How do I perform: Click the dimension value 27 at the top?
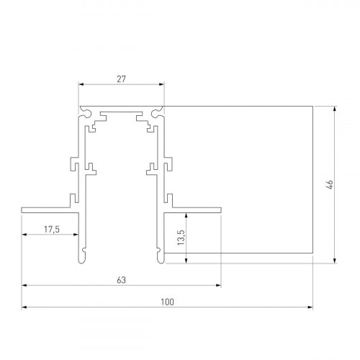[x=121, y=79]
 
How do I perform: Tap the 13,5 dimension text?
[x=179, y=238]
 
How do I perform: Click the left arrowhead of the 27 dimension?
[x=81, y=85]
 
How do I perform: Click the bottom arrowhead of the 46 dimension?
[x=335, y=259]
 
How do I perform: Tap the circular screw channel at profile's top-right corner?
[x=156, y=112]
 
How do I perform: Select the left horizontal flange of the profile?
[x=47, y=210]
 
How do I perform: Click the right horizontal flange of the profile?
[x=194, y=210]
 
